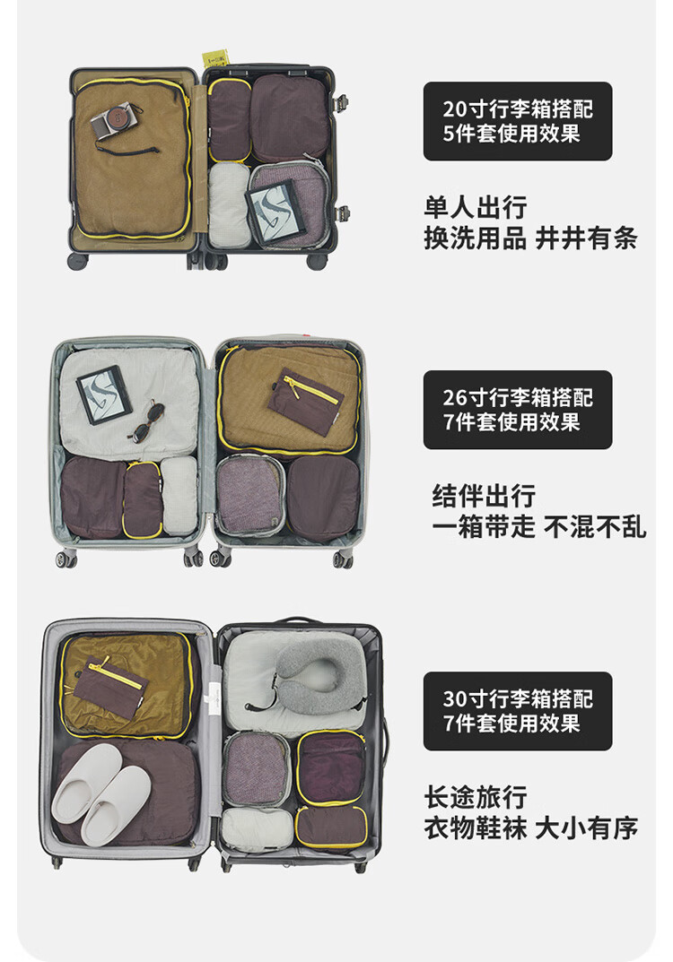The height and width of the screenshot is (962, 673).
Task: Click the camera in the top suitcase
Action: pyautogui.click(x=116, y=120)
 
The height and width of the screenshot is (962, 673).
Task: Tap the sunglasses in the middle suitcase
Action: pyautogui.click(x=146, y=421)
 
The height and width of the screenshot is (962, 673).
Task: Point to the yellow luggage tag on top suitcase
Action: pyautogui.click(x=215, y=60)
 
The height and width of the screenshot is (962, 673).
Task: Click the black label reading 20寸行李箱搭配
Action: pyautogui.click(x=518, y=121)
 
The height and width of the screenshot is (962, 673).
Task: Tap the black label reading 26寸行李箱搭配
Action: pyautogui.click(x=518, y=410)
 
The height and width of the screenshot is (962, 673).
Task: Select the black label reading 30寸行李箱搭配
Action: pyautogui.click(x=518, y=711)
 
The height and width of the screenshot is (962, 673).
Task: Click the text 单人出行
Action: pyautogui.click(x=476, y=208)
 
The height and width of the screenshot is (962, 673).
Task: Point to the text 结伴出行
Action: pyautogui.click(x=484, y=496)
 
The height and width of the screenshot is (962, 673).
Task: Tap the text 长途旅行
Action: pyautogui.click(x=476, y=797)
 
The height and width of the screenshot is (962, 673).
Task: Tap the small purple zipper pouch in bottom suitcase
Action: pyautogui.click(x=109, y=688)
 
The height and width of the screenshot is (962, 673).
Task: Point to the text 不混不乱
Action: pyautogui.click(x=595, y=526)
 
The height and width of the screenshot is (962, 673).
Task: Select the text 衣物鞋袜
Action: pyautogui.click(x=476, y=828)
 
